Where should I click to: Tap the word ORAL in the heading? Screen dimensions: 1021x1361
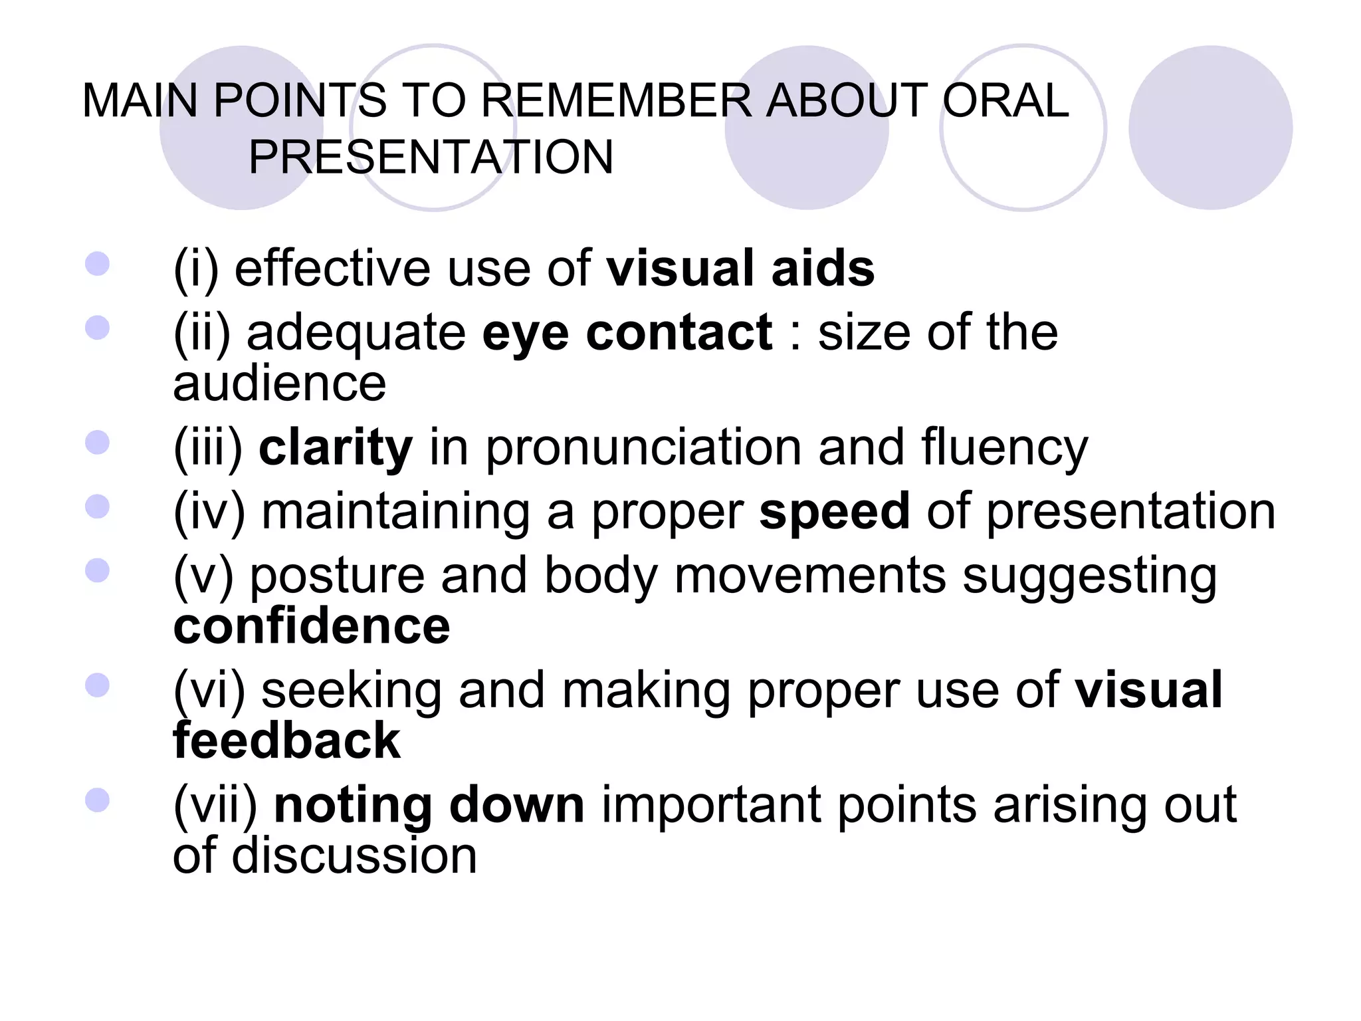[x=1005, y=101]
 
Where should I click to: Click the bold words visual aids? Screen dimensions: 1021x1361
[x=740, y=268]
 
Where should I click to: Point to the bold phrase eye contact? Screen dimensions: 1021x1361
[x=627, y=332]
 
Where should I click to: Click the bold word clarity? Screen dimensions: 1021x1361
[x=336, y=447]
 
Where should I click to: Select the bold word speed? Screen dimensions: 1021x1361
[x=834, y=511]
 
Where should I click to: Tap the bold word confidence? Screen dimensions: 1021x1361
[x=312, y=626]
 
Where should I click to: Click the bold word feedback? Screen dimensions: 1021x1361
[x=286, y=740]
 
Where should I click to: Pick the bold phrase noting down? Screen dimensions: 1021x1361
[x=429, y=805]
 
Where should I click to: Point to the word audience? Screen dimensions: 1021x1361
[x=279, y=384]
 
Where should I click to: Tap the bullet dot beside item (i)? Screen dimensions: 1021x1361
[x=97, y=263]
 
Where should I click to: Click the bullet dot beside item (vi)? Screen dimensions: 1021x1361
[x=97, y=685]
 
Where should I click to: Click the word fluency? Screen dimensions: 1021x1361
[x=1004, y=449]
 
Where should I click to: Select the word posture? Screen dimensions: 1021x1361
[x=337, y=576]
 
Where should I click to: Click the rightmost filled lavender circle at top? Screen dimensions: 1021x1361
[x=1210, y=128]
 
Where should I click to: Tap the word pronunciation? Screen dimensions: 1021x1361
[x=643, y=449]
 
